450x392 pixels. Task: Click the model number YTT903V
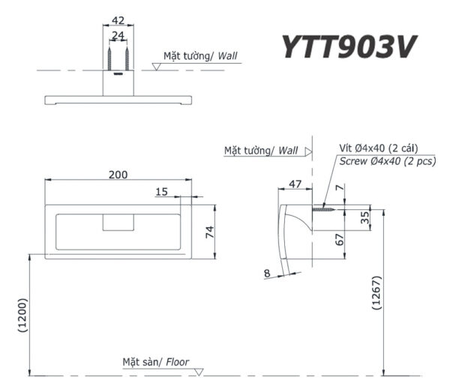[348, 47]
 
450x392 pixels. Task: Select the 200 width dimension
[118, 174]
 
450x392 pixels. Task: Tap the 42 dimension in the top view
[118, 21]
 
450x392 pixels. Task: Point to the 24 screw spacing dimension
[118, 35]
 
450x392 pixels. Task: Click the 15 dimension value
[162, 192]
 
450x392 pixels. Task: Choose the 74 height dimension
[211, 232]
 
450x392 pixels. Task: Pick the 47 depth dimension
[295, 183]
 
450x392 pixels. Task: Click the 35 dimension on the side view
[365, 217]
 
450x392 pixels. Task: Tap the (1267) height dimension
[375, 297]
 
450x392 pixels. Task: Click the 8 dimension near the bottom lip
[267, 274]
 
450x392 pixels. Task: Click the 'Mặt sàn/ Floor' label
[156, 363]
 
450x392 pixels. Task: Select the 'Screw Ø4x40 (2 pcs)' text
[388, 161]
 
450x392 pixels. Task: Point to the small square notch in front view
[118, 223]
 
